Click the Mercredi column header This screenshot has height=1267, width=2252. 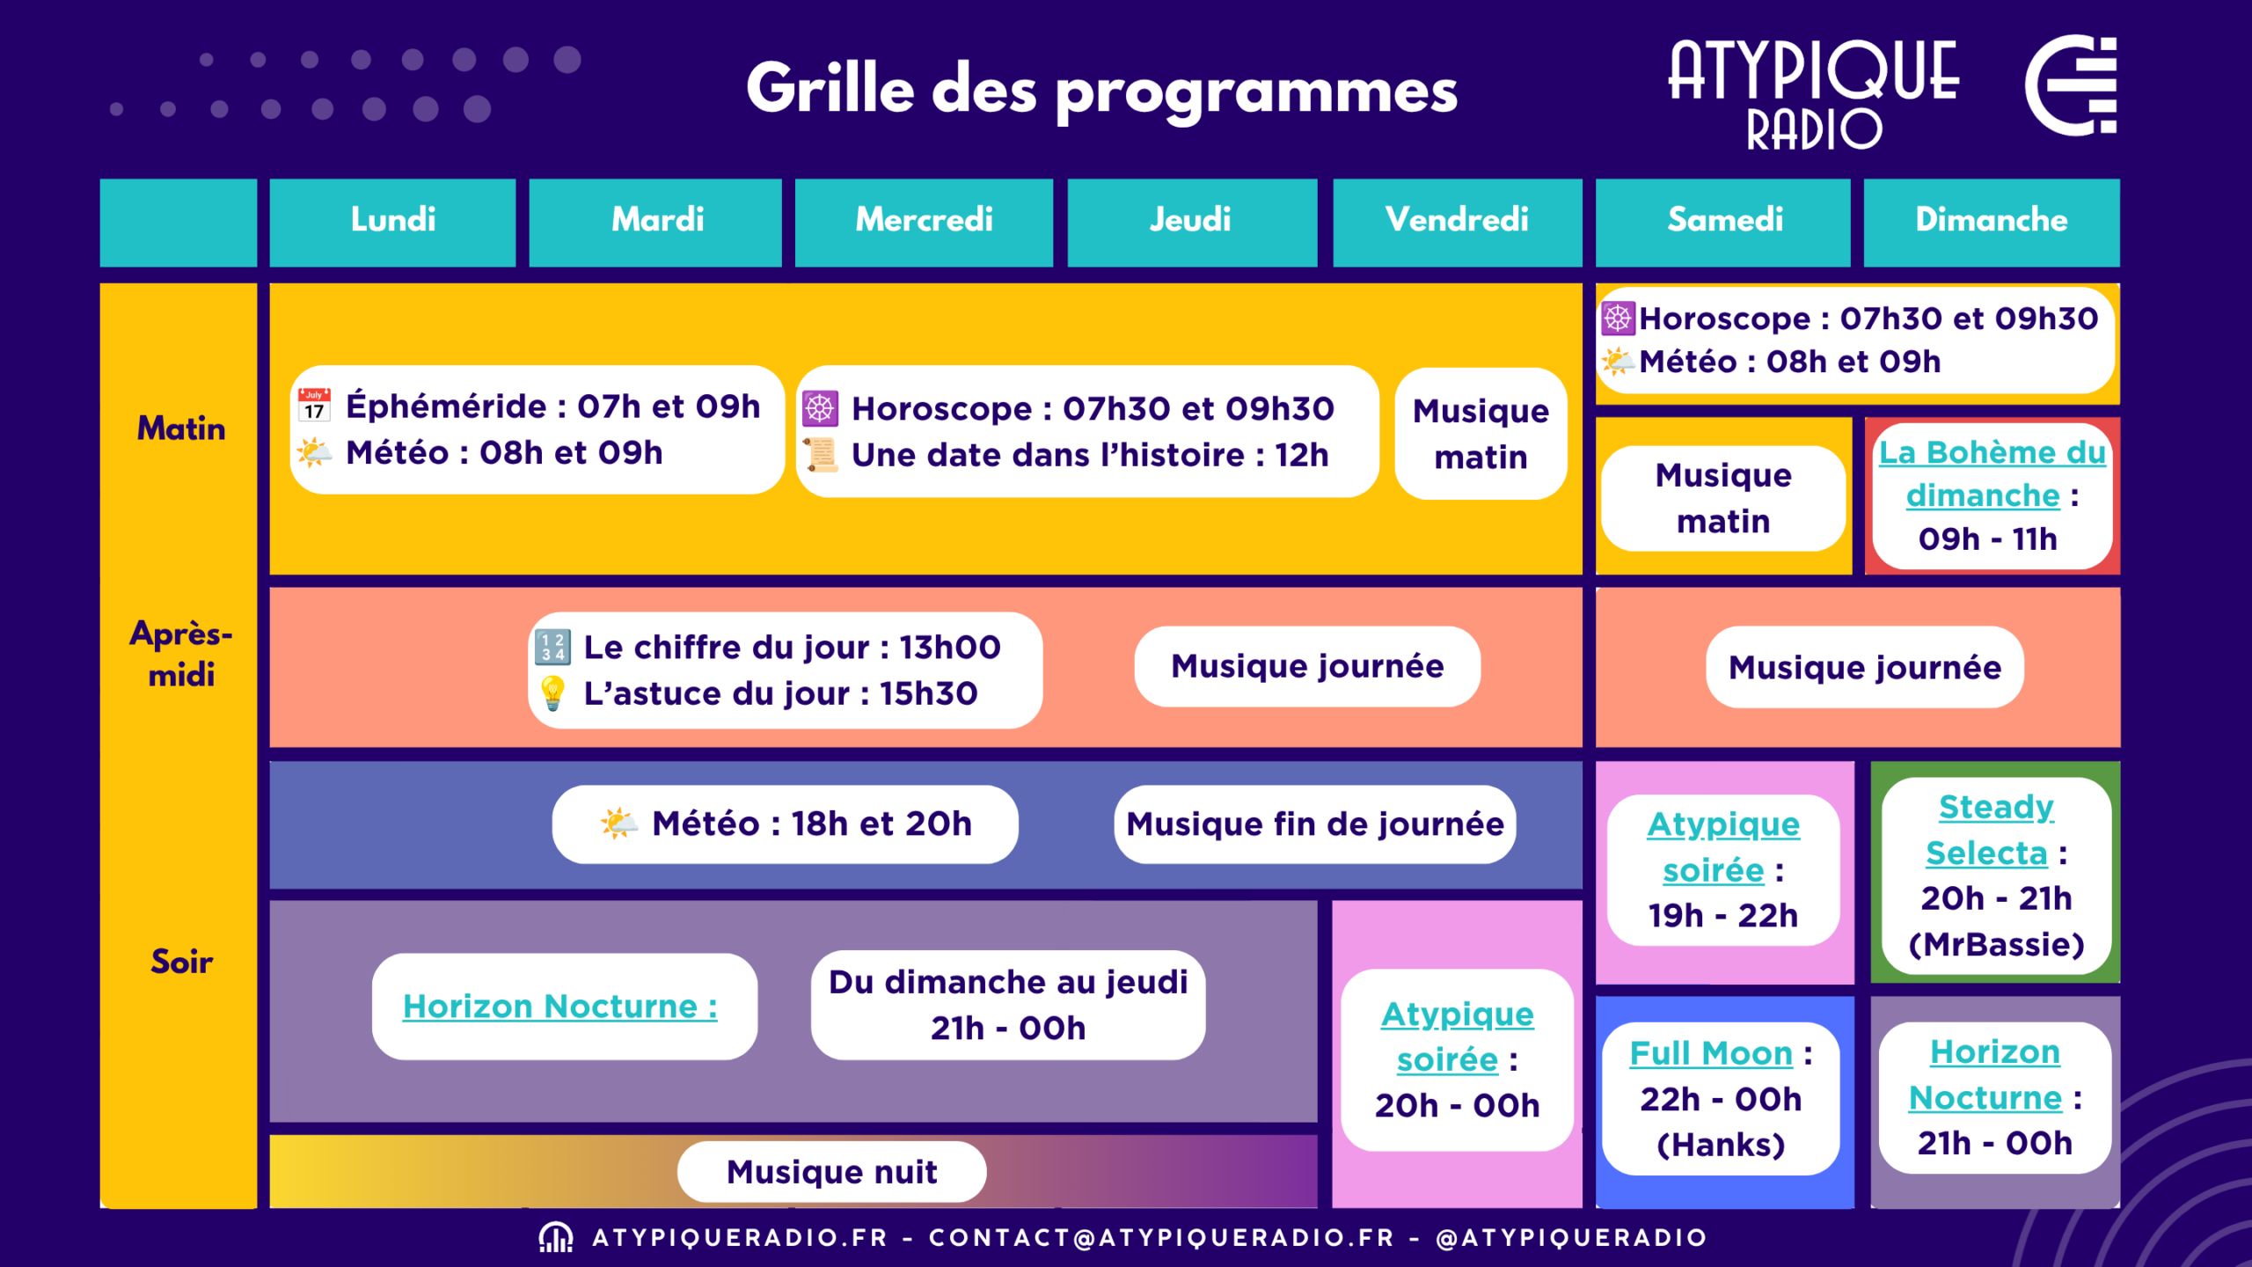[924, 220]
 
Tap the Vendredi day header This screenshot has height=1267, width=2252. [1457, 220]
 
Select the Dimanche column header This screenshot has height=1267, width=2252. [1991, 220]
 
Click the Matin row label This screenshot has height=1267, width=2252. [181, 428]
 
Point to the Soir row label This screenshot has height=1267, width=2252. [181, 962]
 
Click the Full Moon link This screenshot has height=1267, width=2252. [1711, 1053]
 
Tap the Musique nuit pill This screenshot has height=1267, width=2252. [832, 1171]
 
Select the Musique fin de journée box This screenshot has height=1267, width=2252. [1315, 824]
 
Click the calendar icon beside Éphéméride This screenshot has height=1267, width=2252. [314, 405]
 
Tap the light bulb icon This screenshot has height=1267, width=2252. [552, 693]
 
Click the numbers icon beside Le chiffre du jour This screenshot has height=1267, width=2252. [552, 647]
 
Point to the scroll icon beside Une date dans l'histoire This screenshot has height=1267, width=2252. [821, 454]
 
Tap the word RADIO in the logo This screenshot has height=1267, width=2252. [1814, 130]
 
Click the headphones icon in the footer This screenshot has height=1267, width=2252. [556, 1237]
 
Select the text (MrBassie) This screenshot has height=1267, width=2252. [1996, 944]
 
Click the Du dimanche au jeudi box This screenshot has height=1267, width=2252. [1008, 1005]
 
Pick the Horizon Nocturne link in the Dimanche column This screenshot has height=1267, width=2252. [1990, 1074]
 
